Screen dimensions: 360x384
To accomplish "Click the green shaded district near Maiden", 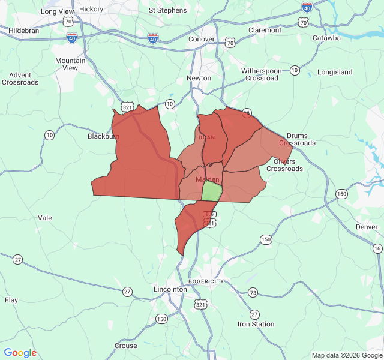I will (x=211, y=192).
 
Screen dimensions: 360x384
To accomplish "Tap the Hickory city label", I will (x=91, y=9).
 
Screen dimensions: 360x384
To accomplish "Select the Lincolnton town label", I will (x=170, y=289).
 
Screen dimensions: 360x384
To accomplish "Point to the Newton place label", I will (x=199, y=78).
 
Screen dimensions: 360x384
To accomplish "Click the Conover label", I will (x=202, y=39).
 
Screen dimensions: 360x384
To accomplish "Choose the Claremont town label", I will (x=265, y=30).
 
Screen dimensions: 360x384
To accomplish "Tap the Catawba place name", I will (x=326, y=38).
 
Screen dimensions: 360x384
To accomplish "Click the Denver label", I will (x=367, y=227).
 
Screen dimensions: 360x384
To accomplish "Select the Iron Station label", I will (x=256, y=324).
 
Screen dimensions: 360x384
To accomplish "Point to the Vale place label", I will (x=45, y=218).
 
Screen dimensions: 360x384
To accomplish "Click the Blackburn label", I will (x=103, y=136).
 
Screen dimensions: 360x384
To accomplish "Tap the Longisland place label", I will (x=335, y=72).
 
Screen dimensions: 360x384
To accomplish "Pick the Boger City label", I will (x=206, y=281).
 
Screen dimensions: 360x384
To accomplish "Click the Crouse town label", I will (x=125, y=346).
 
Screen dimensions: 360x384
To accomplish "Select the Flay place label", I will (x=11, y=300).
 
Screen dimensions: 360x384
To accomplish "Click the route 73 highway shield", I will (x=253, y=293).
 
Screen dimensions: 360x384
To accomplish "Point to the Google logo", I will (x=20, y=353).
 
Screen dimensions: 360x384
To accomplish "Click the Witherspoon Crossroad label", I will (x=262, y=74).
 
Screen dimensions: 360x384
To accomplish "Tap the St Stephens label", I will (x=168, y=10).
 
